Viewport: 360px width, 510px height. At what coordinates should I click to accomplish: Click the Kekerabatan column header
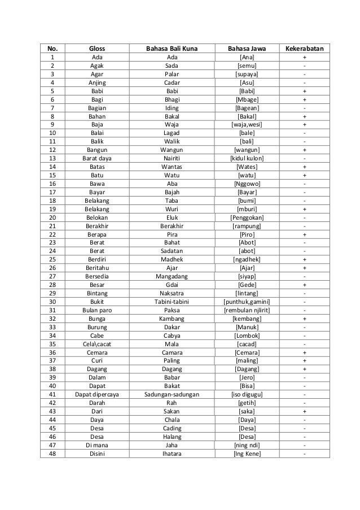[305, 49]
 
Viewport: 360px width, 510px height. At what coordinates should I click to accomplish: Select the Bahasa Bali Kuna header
[171, 49]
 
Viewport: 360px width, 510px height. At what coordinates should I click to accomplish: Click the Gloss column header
[97, 49]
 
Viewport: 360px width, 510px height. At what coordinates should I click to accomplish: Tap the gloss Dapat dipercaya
[97, 394]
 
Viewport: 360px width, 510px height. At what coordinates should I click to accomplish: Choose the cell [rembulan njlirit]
[247, 310]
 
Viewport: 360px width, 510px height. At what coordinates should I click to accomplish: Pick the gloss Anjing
[97, 82]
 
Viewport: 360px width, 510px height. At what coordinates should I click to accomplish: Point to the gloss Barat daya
[97, 159]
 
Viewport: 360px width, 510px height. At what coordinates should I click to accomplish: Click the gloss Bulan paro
[97, 310]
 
